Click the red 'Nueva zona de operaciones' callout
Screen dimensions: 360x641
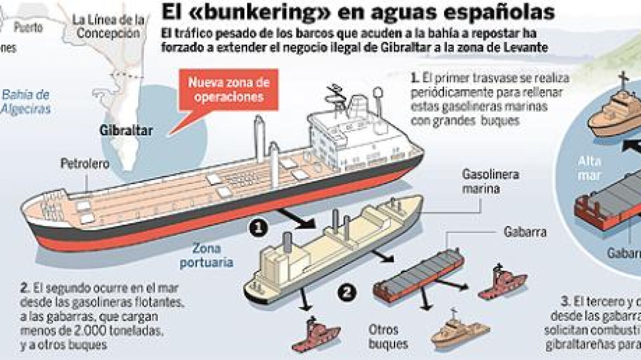(x=228, y=90)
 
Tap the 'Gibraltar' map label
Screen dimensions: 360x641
(x=126, y=130)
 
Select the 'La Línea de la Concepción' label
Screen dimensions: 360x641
(x=108, y=26)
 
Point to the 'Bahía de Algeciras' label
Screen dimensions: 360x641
(x=26, y=102)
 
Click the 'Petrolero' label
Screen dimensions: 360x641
(x=85, y=163)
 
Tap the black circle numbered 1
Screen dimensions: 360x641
(x=258, y=227)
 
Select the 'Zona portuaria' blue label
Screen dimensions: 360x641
(x=206, y=255)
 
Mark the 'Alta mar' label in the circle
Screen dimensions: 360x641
(x=589, y=168)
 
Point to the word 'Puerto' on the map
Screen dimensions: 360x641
(x=28, y=27)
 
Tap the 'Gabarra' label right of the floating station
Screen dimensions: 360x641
(x=524, y=231)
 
